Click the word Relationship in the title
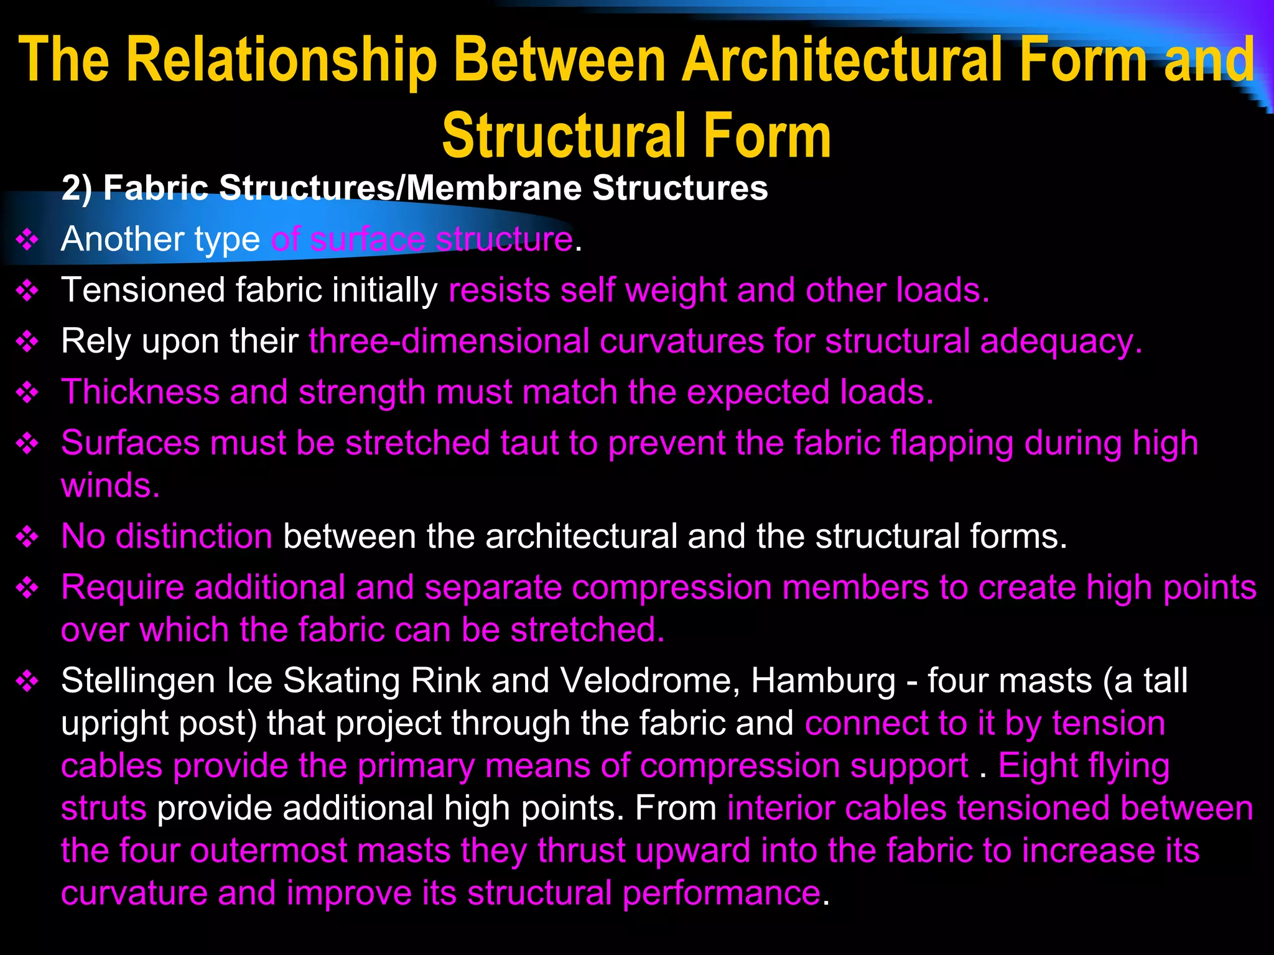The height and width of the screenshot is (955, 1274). point(282,61)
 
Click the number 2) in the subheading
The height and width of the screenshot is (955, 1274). point(77,188)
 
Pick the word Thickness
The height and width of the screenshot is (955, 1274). point(140,392)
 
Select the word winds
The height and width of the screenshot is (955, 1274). point(110,486)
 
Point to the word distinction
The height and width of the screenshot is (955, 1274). point(193,537)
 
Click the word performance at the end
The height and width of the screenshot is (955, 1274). point(721,893)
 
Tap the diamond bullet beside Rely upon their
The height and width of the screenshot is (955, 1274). point(27,342)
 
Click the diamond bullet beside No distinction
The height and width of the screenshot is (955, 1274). point(27,537)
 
